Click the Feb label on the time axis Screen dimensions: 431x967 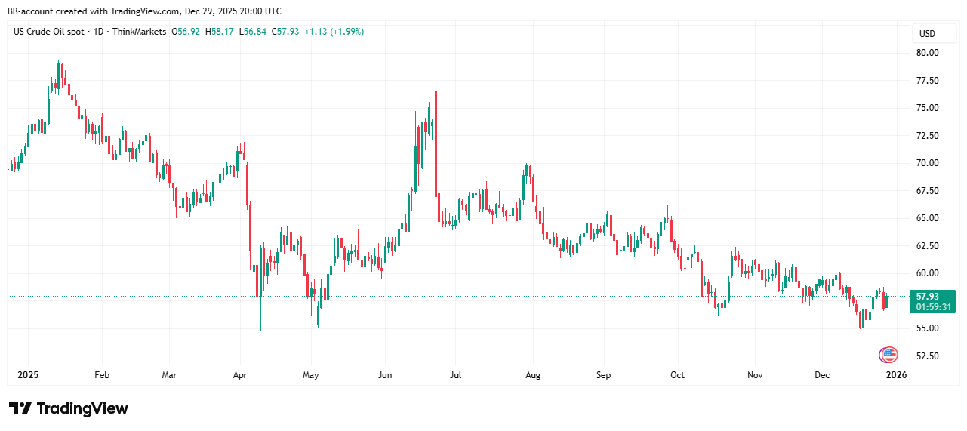(102, 374)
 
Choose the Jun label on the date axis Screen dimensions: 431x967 (385, 374)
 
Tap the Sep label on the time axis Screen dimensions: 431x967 (603, 374)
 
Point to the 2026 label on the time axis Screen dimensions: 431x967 (895, 374)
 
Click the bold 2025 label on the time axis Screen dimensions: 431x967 (28, 374)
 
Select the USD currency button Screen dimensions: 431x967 (927, 33)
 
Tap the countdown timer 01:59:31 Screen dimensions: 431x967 (933, 307)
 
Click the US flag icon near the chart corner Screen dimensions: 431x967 (888, 354)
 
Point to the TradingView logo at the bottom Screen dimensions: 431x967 (69, 408)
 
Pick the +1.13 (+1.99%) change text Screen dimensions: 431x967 (334, 32)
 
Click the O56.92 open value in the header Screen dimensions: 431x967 (185, 32)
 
